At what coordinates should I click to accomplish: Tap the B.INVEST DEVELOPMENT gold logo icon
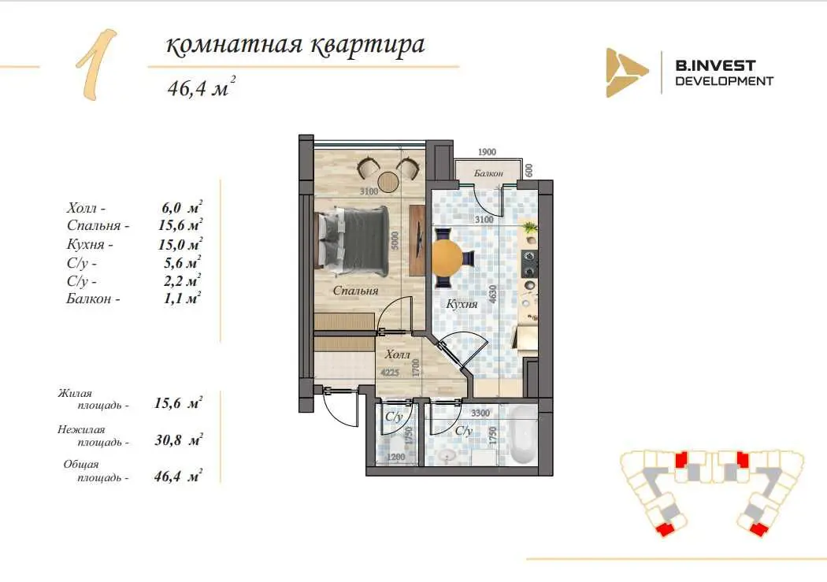pyautogui.click(x=626, y=72)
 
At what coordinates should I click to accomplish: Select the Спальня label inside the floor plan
pyautogui.click(x=355, y=291)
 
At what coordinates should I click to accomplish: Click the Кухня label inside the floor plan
pyautogui.click(x=462, y=304)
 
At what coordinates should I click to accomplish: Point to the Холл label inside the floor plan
pyautogui.click(x=397, y=354)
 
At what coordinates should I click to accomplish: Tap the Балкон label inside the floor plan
pyautogui.click(x=488, y=173)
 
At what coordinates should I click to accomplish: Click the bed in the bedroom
pyautogui.click(x=352, y=240)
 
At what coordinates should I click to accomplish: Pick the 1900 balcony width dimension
pyautogui.click(x=487, y=152)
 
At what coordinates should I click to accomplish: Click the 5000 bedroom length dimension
pyautogui.click(x=395, y=240)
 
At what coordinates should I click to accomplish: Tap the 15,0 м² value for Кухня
pyautogui.click(x=180, y=244)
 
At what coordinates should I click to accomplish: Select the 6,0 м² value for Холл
pyautogui.click(x=182, y=207)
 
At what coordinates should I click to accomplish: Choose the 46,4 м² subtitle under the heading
pyautogui.click(x=201, y=87)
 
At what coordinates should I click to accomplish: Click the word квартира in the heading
pyautogui.click(x=367, y=45)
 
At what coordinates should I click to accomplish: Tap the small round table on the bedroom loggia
pyautogui.click(x=389, y=181)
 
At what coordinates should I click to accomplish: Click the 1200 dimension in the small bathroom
pyautogui.click(x=396, y=457)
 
